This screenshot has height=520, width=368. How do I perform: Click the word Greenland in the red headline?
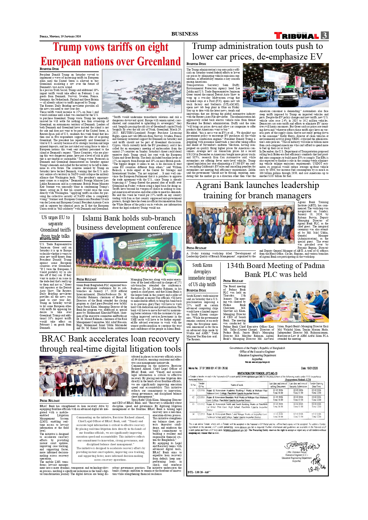(159, 61)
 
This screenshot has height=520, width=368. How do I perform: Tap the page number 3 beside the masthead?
(325, 36)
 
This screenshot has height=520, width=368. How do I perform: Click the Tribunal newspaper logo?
(297, 36)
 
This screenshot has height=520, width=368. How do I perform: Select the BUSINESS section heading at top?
(184, 34)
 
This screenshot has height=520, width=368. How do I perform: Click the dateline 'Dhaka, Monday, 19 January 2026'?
(60, 36)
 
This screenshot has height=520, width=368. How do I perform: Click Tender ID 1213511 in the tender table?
(201, 397)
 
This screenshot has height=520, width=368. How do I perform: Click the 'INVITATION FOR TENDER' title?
(257, 373)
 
